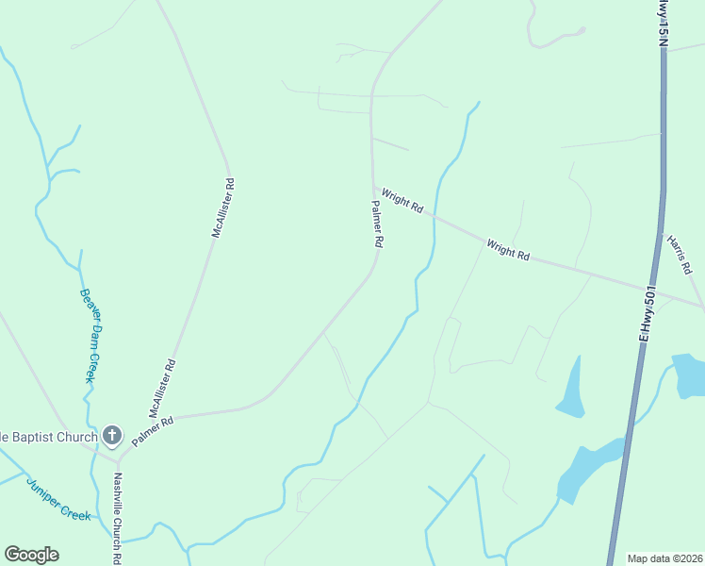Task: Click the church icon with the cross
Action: tap(112, 435)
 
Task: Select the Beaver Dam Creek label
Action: tap(88, 335)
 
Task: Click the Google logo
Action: tap(31, 555)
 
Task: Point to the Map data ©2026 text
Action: tap(664, 558)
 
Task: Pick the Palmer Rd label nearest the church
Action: tap(153, 432)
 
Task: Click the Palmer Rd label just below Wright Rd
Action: tap(377, 224)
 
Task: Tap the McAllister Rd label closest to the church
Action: tap(162, 388)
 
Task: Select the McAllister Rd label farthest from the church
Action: tap(222, 208)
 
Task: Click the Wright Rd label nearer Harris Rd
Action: tap(508, 250)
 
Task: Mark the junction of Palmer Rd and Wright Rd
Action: tap(374, 186)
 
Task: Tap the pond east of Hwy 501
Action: tap(689, 375)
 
